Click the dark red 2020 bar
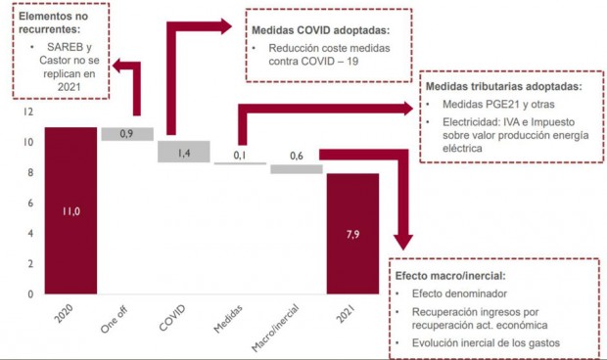pos(70,209)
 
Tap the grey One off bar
pos(126,134)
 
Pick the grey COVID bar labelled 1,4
pos(182,152)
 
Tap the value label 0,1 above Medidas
pos(239,155)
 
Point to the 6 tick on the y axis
pos(29,203)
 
